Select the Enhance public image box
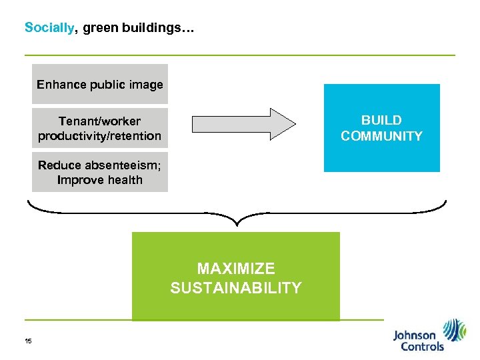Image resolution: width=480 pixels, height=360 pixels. pyautogui.click(x=100, y=84)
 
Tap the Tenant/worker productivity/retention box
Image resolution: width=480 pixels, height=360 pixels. pyautogui.click(x=100, y=129)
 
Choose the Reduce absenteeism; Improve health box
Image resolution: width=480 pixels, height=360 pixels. pyautogui.click(x=100, y=172)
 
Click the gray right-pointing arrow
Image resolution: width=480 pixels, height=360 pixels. pyautogui.click(x=243, y=123)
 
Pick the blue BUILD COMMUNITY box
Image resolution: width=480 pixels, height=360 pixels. pyautogui.click(x=381, y=128)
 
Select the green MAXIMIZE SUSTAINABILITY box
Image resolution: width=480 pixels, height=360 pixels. pyautogui.click(x=236, y=277)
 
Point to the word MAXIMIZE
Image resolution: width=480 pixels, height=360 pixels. pyautogui.click(x=236, y=269)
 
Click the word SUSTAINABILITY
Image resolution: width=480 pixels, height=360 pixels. pyautogui.click(x=236, y=288)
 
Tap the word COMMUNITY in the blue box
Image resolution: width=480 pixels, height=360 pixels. pyautogui.click(x=381, y=137)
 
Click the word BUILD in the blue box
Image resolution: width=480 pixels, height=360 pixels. pyautogui.click(x=381, y=121)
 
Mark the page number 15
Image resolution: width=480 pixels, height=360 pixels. pyautogui.click(x=28, y=341)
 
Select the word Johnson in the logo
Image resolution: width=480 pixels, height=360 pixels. pyautogui.click(x=414, y=335)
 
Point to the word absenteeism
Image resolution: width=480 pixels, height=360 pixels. pyautogui.click(x=117, y=165)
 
